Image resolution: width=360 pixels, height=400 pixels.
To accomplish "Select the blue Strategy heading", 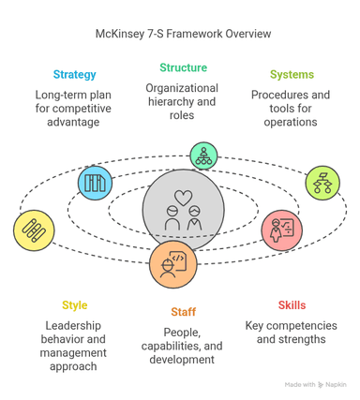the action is [73, 75].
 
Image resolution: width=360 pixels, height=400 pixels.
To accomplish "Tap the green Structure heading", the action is [183, 68].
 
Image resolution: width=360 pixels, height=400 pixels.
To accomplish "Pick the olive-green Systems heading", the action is [292, 75].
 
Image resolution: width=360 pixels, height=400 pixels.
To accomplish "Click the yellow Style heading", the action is [75, 305].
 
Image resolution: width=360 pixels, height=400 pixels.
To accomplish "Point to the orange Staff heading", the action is [183, 312].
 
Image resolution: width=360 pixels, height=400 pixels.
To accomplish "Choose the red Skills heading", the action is [292, 305].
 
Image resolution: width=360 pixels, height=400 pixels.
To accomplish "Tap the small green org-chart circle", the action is [202, 154].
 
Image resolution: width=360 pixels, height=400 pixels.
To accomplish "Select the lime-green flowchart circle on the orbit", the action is [322, 183].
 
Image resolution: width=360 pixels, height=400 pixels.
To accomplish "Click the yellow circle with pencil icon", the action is [34, 230].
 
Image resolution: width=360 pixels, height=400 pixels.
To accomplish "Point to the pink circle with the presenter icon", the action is [282, 229].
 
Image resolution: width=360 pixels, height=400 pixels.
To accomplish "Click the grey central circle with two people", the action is [183, 211].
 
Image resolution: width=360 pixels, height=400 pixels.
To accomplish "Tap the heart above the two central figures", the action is [183, 197].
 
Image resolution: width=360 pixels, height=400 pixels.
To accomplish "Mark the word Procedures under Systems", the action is [277, 95].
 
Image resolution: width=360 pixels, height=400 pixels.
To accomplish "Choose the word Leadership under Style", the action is [75, 325].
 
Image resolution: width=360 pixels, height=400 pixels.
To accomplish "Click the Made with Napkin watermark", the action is [316, 385].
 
